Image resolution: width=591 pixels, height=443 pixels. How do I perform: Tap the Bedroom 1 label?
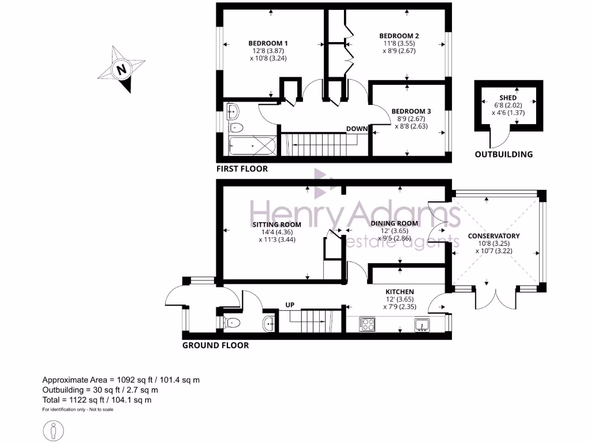[268, 43]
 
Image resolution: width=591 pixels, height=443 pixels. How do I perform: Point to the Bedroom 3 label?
[411, 111]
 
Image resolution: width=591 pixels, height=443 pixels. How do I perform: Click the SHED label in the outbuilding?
[508, 97]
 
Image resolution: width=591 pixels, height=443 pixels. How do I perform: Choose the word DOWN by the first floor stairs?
[357, 128]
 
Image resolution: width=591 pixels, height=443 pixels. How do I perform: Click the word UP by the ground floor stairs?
[291, 304]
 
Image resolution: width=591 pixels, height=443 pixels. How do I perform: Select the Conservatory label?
[493, 236]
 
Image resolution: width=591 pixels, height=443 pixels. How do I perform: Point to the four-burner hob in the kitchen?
[367, 324]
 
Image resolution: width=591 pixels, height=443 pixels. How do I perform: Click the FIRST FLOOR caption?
[242, 170]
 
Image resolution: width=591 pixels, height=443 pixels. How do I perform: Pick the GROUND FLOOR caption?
[215, 346]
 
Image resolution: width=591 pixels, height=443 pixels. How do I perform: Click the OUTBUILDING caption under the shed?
[503, 155]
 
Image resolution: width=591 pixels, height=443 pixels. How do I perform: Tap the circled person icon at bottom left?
[54, 430]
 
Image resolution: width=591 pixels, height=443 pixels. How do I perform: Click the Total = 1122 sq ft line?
[97, 400]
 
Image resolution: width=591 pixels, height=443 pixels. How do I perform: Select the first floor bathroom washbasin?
[234, 110]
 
